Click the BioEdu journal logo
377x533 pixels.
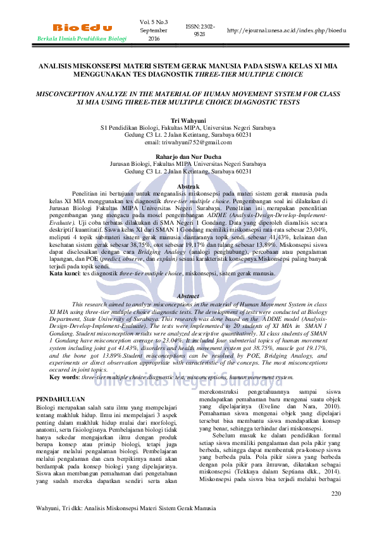[83, 28]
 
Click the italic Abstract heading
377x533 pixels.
[188, 296]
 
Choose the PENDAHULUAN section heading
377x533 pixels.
[61, 399]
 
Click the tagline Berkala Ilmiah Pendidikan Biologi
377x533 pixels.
[82, 39]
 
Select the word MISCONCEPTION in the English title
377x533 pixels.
[68, 92]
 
